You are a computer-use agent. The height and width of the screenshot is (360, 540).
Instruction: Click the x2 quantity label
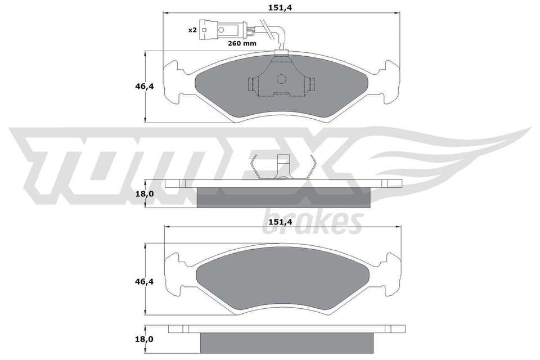tap(192, 30)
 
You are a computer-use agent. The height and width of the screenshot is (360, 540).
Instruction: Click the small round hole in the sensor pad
tap(282, 79)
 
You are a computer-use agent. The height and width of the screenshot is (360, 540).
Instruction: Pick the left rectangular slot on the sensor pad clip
tap(253, 85)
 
